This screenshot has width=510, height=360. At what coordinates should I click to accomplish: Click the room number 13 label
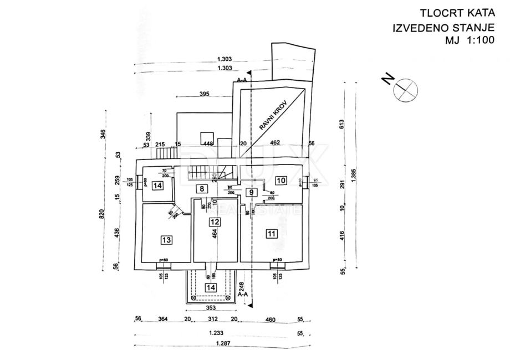(166, 240)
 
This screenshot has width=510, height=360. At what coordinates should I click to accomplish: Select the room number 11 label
(271, 233)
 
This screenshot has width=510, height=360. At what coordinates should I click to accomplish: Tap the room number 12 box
(215, 222)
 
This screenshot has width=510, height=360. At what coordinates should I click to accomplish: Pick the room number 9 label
(252, 193)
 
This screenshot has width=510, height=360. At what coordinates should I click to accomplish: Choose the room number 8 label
(202, 188)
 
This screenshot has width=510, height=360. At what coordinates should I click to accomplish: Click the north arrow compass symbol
(403, 89)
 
